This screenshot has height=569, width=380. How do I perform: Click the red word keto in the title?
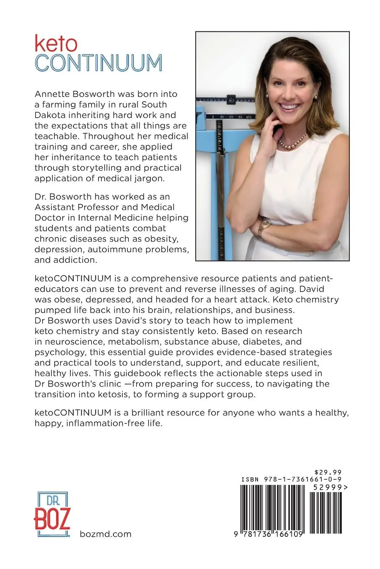click(56, 44)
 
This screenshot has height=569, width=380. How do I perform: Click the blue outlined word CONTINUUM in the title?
click(98, 62)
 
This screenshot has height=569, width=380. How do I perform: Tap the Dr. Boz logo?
click(52, 514)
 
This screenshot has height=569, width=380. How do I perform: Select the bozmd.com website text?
click(105, 534)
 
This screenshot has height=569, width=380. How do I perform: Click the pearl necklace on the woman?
click(292, 142)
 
